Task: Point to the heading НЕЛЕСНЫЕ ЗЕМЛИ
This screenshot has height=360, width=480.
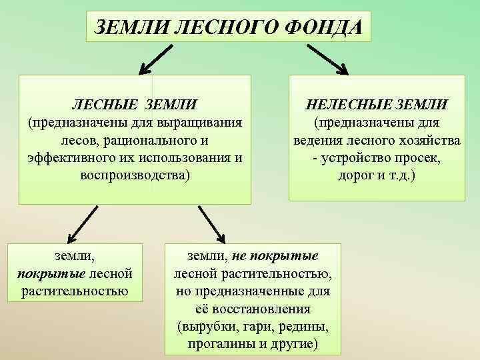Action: [377, 105]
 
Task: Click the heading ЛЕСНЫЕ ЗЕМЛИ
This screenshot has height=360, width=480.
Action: [135, 105]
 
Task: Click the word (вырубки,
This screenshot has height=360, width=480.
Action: [207, 327]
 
